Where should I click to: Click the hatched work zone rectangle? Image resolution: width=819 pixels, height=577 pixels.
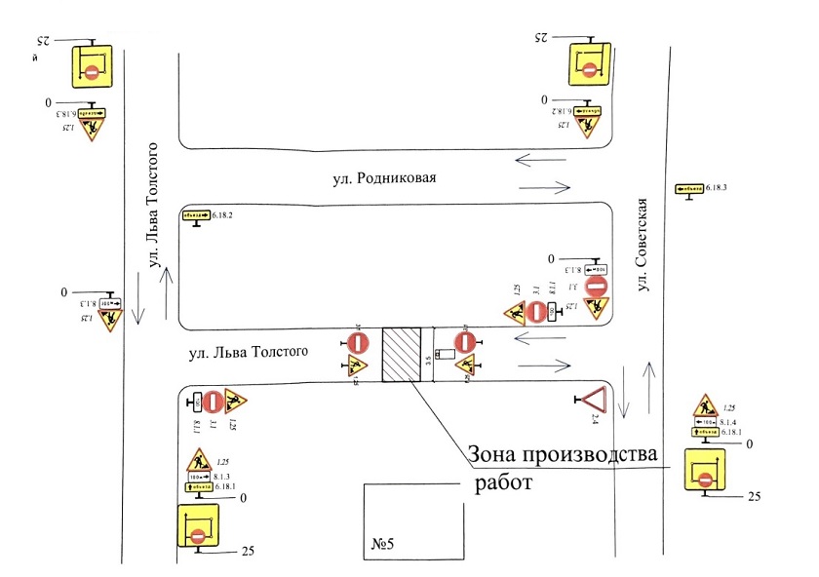click(x=402, y=358)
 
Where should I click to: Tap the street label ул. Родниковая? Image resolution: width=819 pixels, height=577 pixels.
click(x=381, y=178)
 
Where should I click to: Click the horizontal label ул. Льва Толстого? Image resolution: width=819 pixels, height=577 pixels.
click(x=254, y=350)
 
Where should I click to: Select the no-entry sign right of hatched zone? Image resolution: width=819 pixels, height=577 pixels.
click(x=466, y=342)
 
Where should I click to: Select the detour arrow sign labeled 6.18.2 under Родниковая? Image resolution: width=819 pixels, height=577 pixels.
click(x=196, y=214)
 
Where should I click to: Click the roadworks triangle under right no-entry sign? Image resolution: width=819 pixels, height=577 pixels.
click(x=466, y=366)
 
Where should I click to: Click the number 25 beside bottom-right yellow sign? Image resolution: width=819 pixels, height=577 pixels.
click(x=753, y=497)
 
